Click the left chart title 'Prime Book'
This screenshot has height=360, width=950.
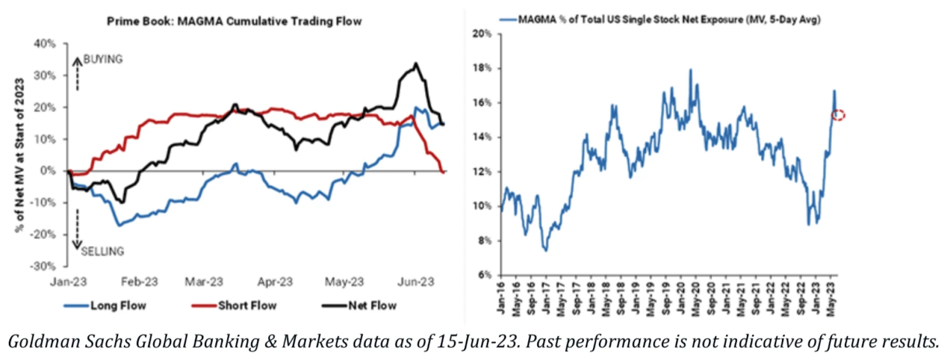(x=233, y=21)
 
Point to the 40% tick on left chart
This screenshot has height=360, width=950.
(x=45, y=44)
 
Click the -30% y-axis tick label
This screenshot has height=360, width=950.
(x=43, y=266)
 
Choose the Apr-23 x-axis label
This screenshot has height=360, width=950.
(x=275, y=282)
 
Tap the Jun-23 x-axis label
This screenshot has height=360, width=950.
(x=415, y=282)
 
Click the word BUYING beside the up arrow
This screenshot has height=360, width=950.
(x=103, y=59)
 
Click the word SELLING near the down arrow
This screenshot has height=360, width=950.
(x=102, y=252)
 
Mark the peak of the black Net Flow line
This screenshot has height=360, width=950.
(x=416, y=64)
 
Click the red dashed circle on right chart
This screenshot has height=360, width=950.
(x=838, y=115)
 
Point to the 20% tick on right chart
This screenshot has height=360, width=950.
(x=482, y=34)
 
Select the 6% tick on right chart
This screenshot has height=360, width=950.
(x=484, y=275)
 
